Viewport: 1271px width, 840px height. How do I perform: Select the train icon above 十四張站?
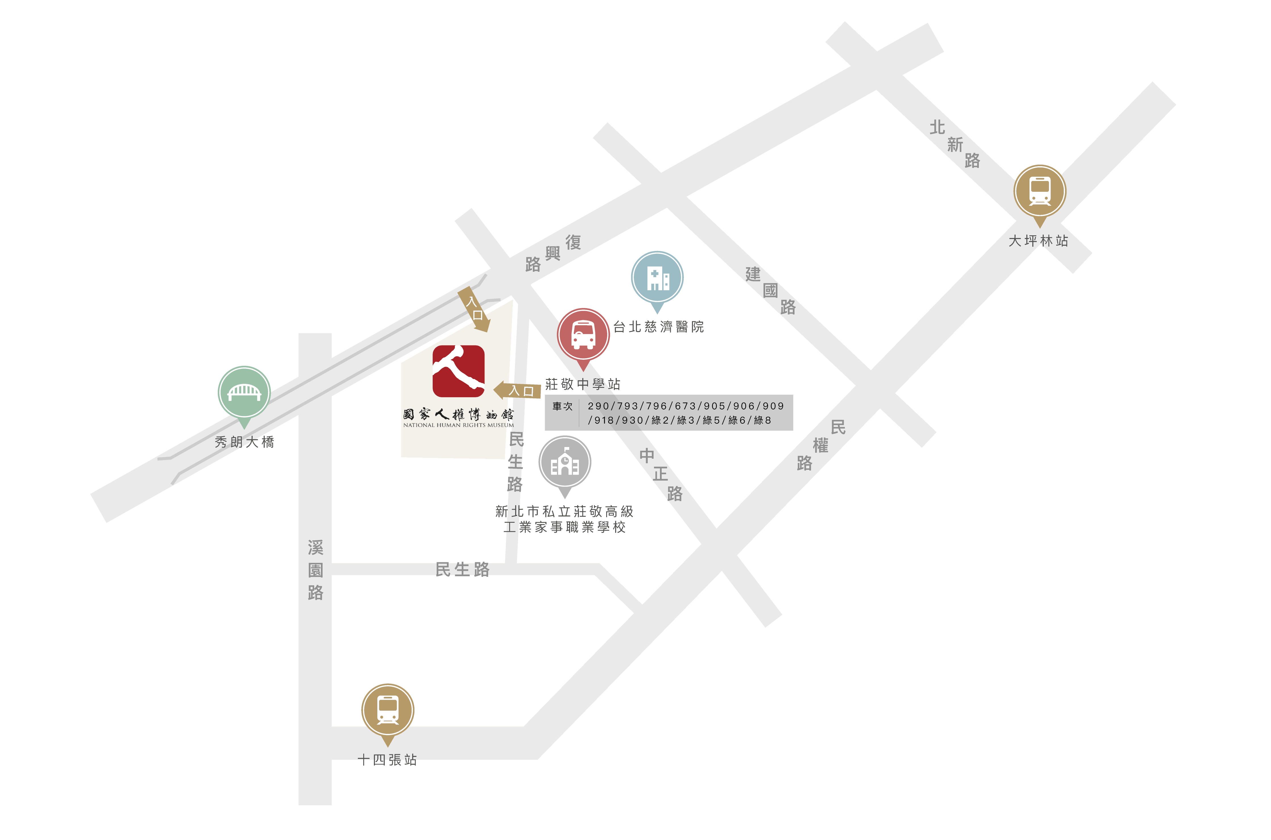click(388, 710)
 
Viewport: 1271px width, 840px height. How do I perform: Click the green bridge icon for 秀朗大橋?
click(244, 392)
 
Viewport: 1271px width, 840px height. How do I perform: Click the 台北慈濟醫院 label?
click(659, 327)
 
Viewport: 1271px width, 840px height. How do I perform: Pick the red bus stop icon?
click(583, 334)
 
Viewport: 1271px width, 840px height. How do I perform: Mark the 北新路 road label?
click(955, 144)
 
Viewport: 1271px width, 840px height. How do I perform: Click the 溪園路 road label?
click(315, 570)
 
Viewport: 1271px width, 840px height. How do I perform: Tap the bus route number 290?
click(599, 406)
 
